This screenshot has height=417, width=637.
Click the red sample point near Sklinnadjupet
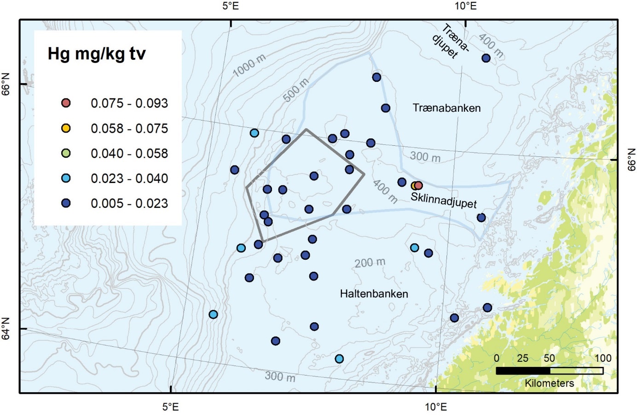[418, 186]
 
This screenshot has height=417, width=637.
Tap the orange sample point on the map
[414, 186]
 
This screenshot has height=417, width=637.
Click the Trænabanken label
[446, 108]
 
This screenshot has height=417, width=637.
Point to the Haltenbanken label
[374, 294]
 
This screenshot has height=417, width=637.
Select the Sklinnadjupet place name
[444, 200]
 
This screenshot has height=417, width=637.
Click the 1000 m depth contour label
[249, 66]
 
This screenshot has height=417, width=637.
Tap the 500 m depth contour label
[296, 90]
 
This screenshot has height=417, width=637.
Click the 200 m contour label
[370, 263]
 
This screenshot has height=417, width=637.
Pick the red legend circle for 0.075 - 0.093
[66, 103]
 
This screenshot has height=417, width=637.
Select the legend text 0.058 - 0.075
[129, 129]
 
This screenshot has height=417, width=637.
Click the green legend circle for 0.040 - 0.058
[66, 154]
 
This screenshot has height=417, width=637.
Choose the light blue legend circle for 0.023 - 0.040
[66, 178]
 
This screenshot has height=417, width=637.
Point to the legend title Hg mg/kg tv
[97, 54]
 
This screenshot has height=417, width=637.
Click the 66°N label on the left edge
[6, 84]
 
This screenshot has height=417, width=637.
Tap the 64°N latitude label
[6, 329]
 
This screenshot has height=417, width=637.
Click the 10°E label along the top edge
[465, 6]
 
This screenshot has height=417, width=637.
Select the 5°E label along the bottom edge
[171, 407]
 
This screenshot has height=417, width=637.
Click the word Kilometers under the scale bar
[550, 383]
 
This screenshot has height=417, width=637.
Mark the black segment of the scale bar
[523, 371]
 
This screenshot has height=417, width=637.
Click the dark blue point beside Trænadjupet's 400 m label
[486, 58]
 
